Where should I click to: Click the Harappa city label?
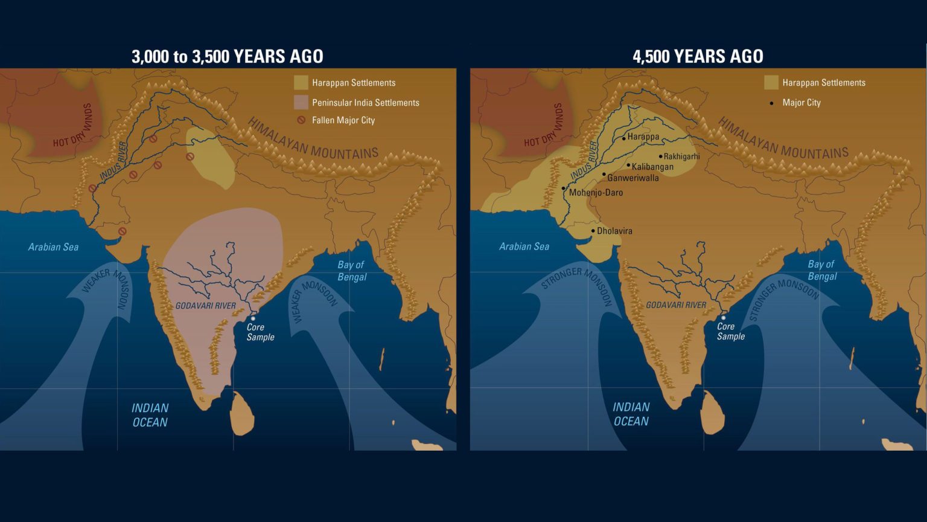pos(643,137)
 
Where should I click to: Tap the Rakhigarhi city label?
pos(682,156)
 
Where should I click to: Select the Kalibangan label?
pos(652,167)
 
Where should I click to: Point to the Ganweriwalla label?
pos(633,178)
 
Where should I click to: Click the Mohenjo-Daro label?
pos(596,193)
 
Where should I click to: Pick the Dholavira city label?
pos(614,231)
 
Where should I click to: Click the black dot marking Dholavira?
pos(593,231)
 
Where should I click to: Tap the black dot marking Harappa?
pos(624,138)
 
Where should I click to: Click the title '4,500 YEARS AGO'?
pos(698,57)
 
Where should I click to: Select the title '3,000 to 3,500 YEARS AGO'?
pos(228,57)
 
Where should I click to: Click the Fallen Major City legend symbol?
pos(301,120)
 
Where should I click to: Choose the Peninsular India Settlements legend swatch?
pos(301,102)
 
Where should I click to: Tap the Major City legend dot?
pos(771,103)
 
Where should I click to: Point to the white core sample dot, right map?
pos(723,318)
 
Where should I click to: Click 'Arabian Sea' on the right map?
pos(524,246)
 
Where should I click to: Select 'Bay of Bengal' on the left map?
pos(352,271)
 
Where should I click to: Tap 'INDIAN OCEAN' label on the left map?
pos(150,415)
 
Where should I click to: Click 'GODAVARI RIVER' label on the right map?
pos(676,305)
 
